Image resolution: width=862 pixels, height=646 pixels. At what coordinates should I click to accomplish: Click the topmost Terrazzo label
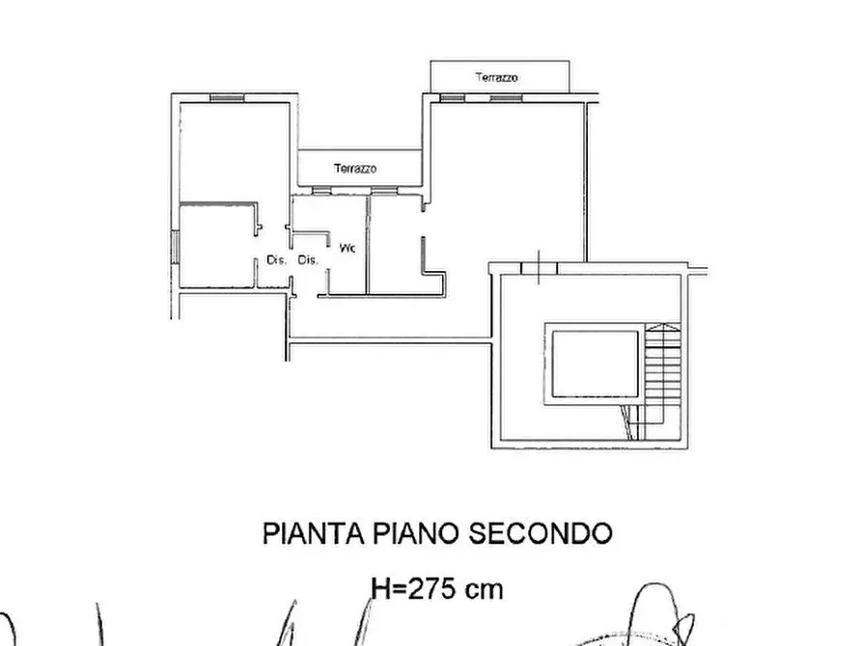(498, 76)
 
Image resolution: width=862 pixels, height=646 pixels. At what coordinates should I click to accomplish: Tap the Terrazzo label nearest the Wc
(356, 169)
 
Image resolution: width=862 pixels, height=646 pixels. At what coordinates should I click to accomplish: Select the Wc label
(348, 248)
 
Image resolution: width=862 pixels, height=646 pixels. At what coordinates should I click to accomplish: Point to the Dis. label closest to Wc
(308, 259)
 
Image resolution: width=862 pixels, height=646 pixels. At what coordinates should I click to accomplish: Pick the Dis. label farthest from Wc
(277, 259)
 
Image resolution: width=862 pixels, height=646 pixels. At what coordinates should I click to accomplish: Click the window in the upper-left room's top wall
(223, 96)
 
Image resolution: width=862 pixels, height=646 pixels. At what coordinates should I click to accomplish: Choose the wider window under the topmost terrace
(502, 97)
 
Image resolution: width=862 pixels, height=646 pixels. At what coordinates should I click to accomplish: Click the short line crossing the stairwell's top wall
(539, 265)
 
